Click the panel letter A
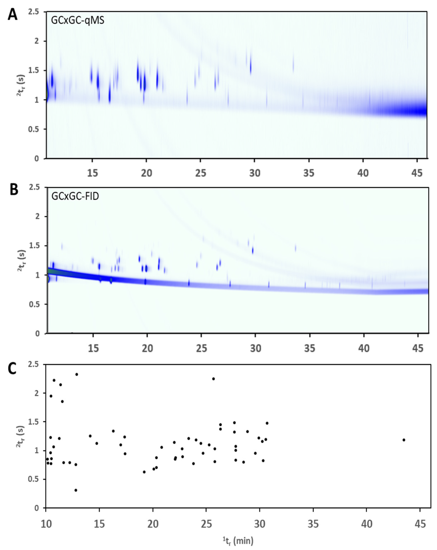pos(13,15)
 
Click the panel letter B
pos(14,190)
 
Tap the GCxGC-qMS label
pos(78,20)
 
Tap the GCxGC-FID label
pos(75,196)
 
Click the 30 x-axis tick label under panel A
pos(254,173)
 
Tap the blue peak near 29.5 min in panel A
pos(251,68)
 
